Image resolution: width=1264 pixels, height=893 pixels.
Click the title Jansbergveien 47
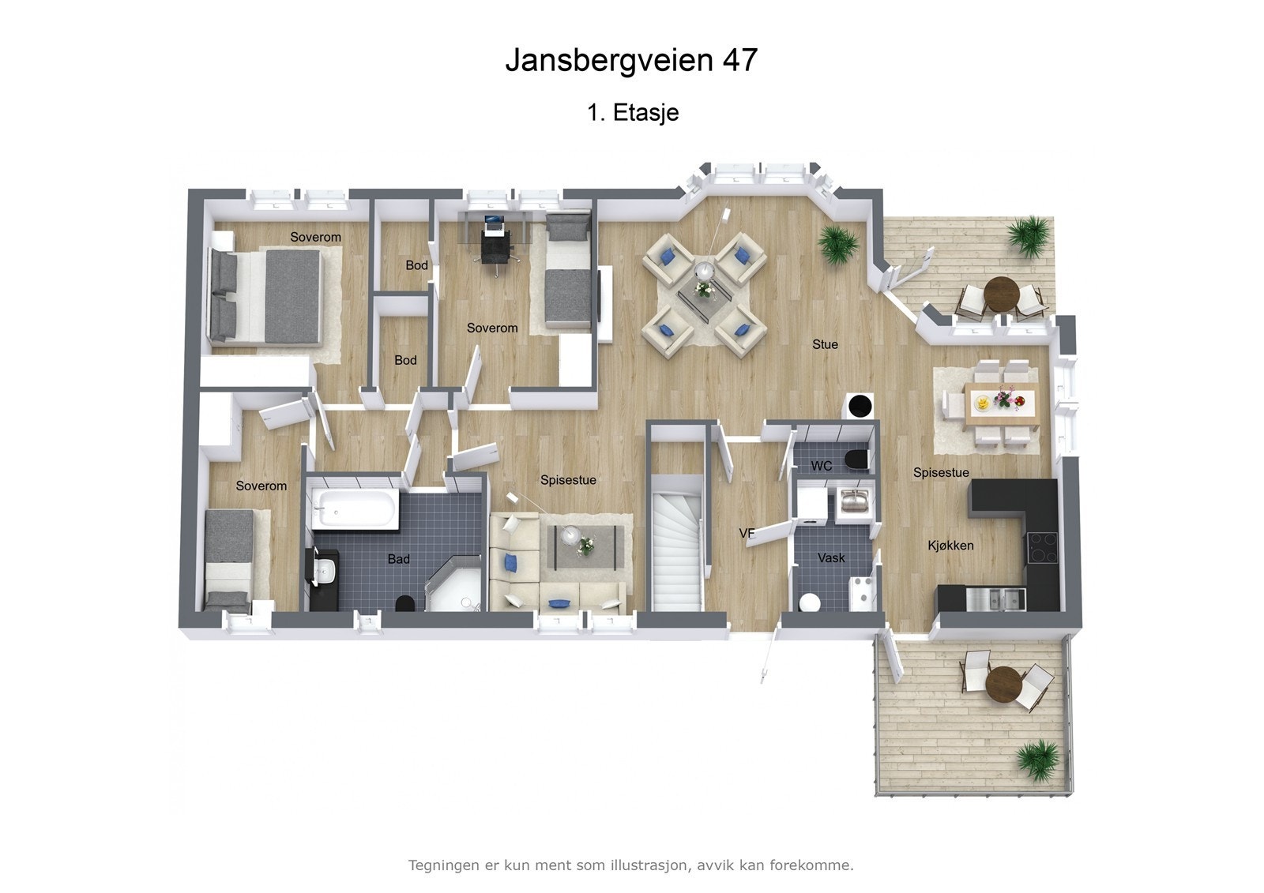point(631,60)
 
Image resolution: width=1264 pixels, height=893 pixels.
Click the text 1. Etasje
point(633,113)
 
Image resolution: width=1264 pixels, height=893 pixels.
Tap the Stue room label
point(825,344)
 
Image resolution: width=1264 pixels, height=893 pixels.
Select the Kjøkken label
point(950,546)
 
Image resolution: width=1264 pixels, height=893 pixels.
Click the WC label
point(822,466)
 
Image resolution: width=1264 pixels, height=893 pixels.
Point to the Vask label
point(831,557)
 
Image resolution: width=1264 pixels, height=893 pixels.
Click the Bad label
point(398,559)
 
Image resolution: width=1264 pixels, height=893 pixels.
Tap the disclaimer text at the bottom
point(630,865)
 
